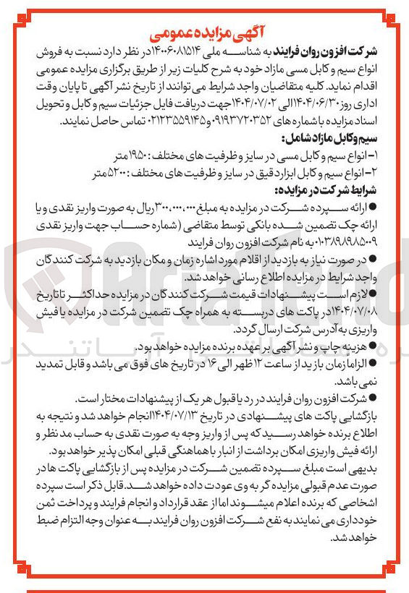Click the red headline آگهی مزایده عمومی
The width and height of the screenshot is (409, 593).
click(204, 32)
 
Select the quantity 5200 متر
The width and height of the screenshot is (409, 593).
click(109, 173)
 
